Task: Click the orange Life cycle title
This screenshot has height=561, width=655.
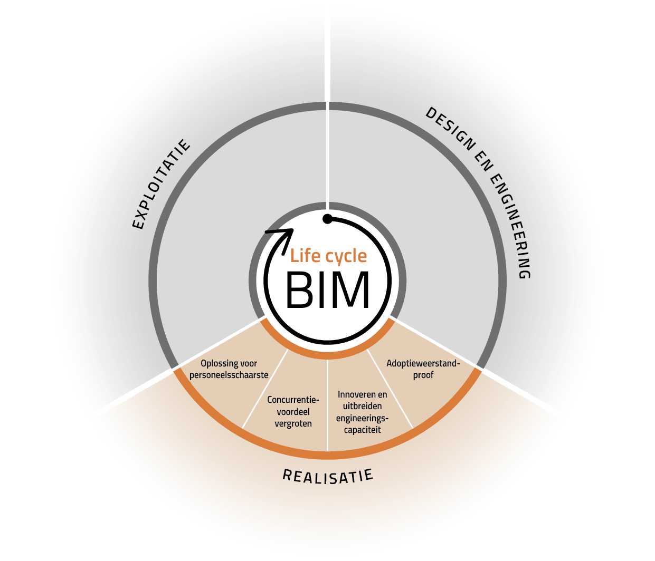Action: (x=328, y=256)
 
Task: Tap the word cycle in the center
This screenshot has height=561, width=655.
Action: (x=346, y=257)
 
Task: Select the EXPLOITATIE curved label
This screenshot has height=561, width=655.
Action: (x=160, y=184)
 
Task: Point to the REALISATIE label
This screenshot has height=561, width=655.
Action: (x=328, y=475)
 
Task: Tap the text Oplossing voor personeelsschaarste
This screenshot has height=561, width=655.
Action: (x=229, y=369)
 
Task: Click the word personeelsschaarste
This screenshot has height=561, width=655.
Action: (x=229, y=375)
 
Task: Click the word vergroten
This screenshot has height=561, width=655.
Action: (x=293, y=423)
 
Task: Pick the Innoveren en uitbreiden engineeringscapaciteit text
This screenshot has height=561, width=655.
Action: (x=362, y=412)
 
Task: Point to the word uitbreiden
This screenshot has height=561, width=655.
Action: (x=362, y=406)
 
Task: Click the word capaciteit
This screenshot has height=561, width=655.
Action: (x=362, y=430)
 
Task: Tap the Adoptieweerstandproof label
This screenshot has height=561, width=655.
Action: (x=423, y=369)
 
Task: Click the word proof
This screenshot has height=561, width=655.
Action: (x=423, y=375)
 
